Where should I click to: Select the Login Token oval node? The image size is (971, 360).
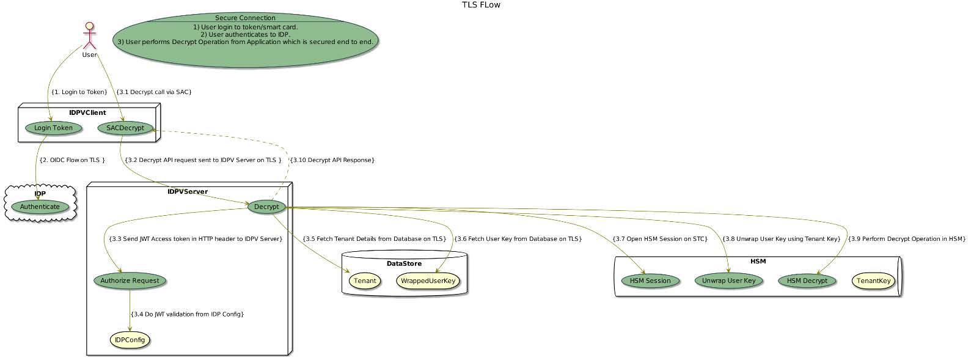53,128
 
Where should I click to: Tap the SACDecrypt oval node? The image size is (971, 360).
125,128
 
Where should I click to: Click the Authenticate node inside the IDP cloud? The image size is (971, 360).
40,207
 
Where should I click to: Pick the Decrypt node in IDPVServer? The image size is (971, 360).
266,207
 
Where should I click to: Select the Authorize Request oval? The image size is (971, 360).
130,281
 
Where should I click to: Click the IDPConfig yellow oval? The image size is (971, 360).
130,340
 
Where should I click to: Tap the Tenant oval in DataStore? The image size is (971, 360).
365,281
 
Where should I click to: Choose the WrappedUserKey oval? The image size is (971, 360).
428,281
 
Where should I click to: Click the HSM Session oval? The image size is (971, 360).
650,281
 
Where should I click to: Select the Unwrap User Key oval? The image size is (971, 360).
728,281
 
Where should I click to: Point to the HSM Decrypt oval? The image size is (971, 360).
807,281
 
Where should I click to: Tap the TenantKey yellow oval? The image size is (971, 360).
873,281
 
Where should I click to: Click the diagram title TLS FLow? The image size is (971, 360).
481,6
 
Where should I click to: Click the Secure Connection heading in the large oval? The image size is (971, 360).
245,18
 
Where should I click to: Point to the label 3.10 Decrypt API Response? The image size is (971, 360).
332,160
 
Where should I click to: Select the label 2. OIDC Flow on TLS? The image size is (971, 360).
71,160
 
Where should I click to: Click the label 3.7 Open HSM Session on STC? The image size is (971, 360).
659,238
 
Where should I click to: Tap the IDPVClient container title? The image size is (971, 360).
87,112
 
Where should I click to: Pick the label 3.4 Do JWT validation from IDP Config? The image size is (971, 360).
187,314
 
